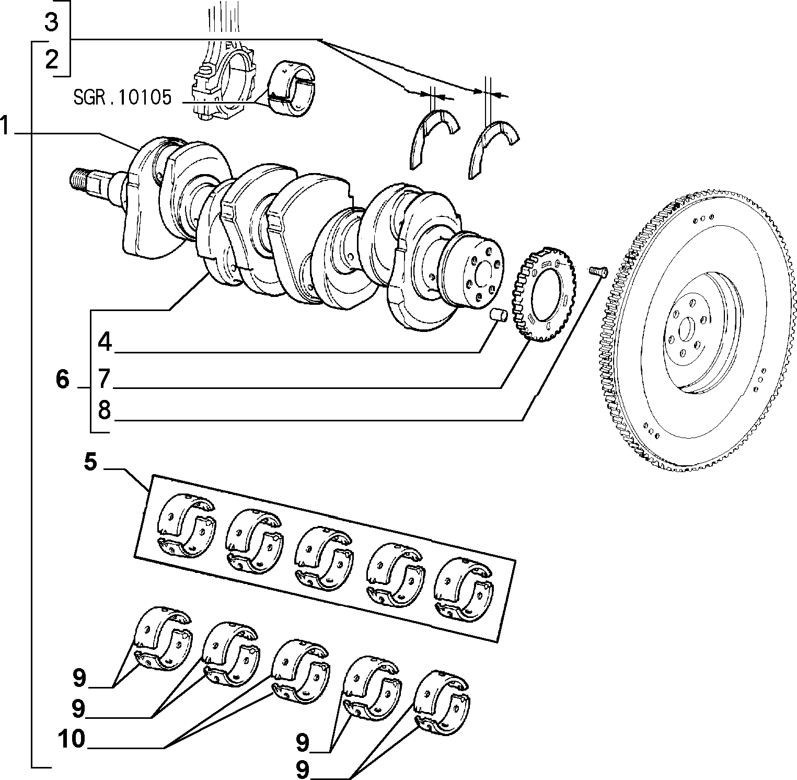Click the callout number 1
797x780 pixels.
(x=5, y=126)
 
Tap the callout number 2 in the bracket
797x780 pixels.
(x=51, y=60)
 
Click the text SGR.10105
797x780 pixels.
(x=122, y=98)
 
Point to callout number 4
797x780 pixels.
(x=105, y=342)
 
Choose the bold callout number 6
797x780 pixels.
(x=62, y=379)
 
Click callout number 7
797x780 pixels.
(x=105, y=378)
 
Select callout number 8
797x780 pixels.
(x=105, y=410)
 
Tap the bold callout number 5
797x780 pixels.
(x=91, y=462)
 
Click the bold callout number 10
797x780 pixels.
(x=72, y=740)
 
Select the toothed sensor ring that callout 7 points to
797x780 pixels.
(x=545, y=297)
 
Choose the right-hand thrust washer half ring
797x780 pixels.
(x=493, y=147)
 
